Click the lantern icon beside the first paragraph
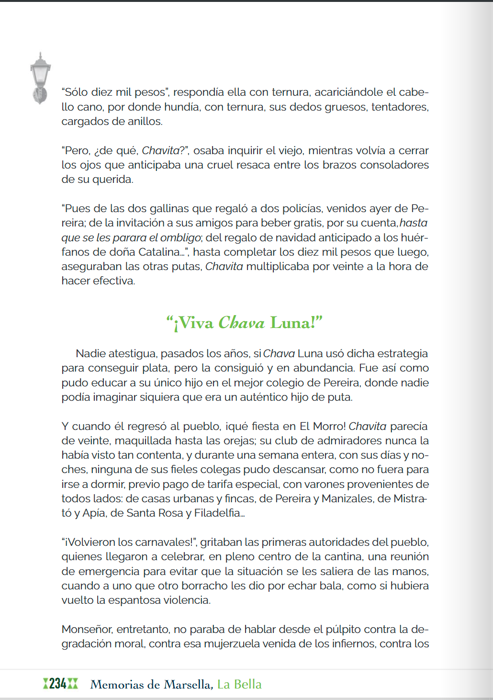(40, 78)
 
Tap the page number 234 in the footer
(58, 684)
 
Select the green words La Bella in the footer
(239, 684)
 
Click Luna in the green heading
(292, 323)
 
